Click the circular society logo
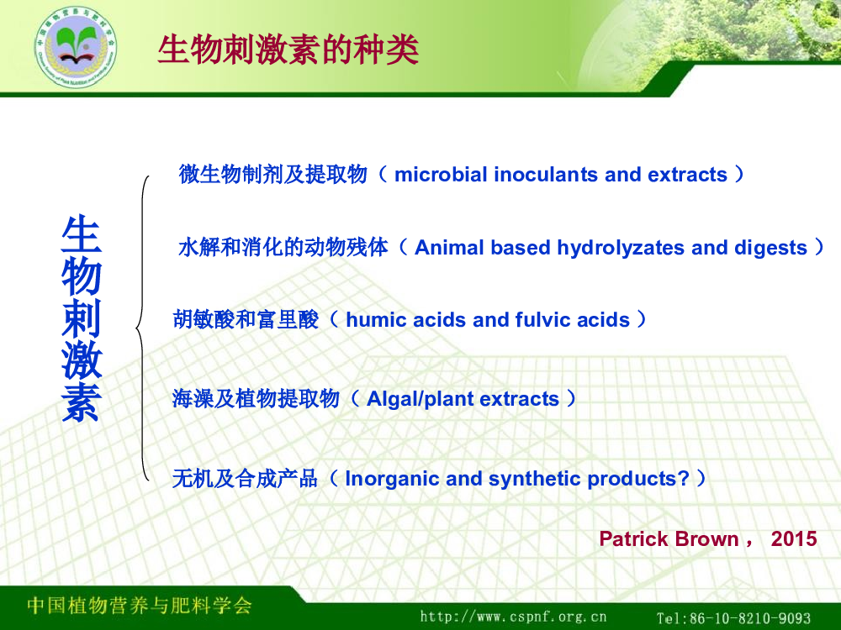(x=76, y=46)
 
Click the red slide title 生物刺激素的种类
(x=288, y=50)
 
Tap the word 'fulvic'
(x=540, y=320)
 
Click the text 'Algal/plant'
(x=420, y=399)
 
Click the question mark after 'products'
(x=683, y=479)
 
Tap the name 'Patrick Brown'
(x=669, y=538)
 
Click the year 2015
(x=794, y=538)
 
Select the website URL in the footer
(x=513, y=617)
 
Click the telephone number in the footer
(x=733, y=617)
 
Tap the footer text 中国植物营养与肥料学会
(x=140, y=605)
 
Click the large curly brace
(x=143, y=328)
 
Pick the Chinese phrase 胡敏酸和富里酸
(x=246, y=320)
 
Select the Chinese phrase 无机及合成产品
(x=245, y=479)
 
